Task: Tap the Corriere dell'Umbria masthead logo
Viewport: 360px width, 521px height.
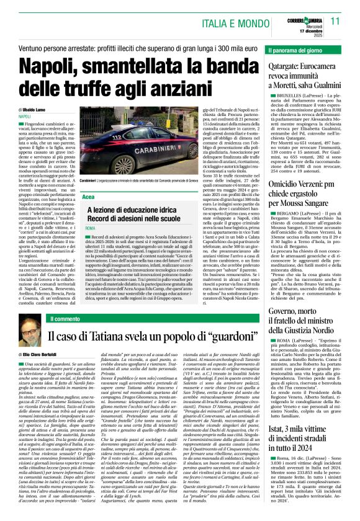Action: tap(304, 20)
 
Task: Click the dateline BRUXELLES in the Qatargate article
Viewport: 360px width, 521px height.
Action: tap(288, 99)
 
